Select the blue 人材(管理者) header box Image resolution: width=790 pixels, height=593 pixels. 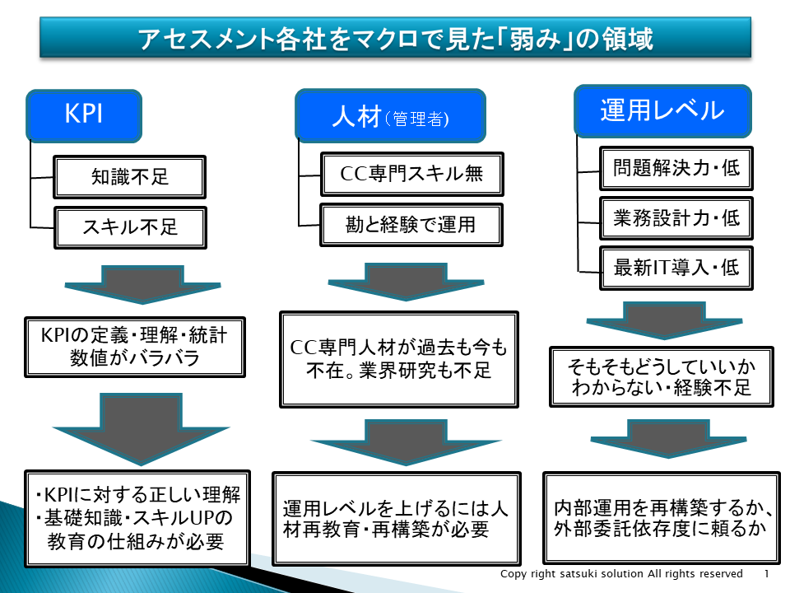[x=390, y=116]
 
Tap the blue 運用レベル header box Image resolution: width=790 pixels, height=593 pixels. [x=662, y=110]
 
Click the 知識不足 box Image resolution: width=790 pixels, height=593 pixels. [x=130, y=177]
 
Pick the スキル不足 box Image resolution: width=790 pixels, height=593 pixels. [x=130, y=226]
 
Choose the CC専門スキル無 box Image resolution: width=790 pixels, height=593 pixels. [x=411, y=174]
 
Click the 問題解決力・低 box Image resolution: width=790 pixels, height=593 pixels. [x=676, y=169]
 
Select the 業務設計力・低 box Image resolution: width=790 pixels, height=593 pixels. [x=676, y=217]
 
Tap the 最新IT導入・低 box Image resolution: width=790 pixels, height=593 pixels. [x=676, y=267]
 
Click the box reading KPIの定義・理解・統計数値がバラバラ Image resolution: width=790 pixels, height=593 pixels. [x=135, y=347]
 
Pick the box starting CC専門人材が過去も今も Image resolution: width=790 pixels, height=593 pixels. [x=399, y=359]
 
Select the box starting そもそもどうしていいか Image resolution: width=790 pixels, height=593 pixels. [x=662, y=376]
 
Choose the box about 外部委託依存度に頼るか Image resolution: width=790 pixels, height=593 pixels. [x=662, y=516]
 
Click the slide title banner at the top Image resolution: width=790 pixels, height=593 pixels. [x=395, y=38]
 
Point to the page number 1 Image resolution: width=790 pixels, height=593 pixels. [x=766, y=574]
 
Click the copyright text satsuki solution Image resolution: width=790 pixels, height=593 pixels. [x=621, y=574]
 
